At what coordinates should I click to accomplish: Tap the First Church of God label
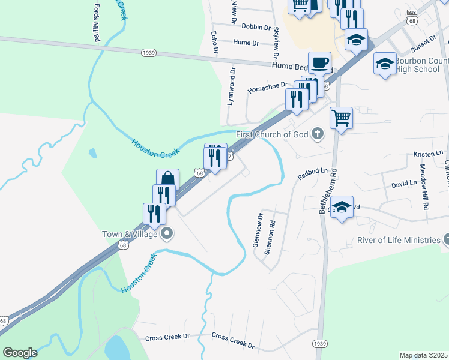pos(272,134)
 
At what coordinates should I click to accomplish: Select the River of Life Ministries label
pos(399,240)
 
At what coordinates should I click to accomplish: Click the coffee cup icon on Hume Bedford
pos(319,62)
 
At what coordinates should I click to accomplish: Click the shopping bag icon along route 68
pos(168,179)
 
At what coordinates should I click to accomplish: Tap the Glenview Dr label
pos(257,231)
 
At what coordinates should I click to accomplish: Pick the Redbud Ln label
pos(313,173)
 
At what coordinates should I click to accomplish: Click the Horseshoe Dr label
pos(268,89)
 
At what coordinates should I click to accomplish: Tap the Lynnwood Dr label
pos(230,87)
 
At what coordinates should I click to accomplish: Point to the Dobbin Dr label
pos(258,26)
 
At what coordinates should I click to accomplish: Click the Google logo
pos(20,353)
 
